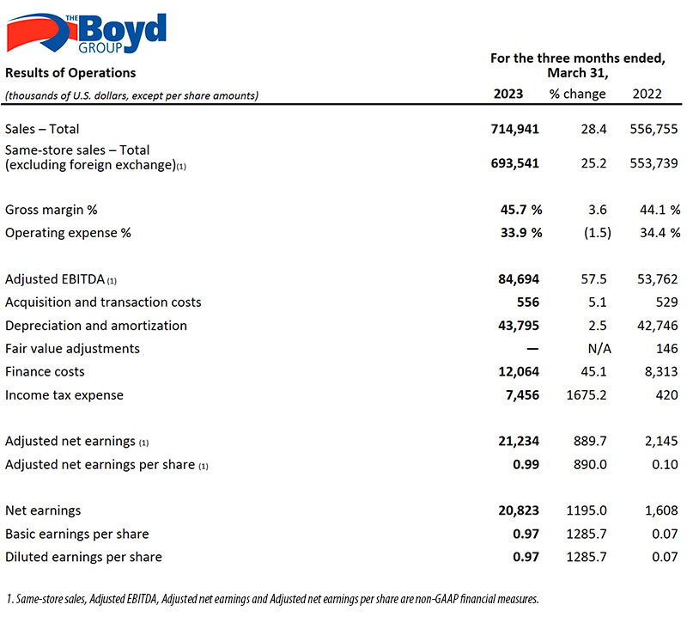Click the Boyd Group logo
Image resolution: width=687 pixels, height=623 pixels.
[87, 34]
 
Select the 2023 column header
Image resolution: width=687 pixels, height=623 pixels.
[508, 94]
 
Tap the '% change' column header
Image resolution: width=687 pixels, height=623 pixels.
[577, 94]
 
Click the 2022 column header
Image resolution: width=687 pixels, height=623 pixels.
[647, 94]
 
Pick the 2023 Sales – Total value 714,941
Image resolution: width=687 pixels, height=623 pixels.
[514, 129]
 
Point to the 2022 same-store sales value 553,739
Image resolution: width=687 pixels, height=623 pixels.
[654, 163]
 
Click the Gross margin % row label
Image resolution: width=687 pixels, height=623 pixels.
[52, 210]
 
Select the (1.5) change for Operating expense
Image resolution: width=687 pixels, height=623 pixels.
[597, 232]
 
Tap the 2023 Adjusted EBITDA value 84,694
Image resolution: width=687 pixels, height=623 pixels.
[519, 278]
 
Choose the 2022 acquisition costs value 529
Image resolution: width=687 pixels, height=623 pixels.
[667, 302]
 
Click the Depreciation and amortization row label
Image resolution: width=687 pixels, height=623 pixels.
[96, 326]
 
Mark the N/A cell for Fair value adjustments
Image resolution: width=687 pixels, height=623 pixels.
[599, 349]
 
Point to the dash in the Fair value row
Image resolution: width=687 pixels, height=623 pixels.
[532, 349]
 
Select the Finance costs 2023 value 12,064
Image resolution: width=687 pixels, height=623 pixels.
[519, 372]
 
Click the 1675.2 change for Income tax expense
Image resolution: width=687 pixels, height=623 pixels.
[587, 395]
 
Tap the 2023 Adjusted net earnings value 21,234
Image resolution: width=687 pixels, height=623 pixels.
[519, 441]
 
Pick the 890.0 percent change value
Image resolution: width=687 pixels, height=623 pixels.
[590, 464]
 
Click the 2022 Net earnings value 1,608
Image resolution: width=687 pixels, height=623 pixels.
[661, 510]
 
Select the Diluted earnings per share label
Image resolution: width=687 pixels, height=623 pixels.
[83, 557]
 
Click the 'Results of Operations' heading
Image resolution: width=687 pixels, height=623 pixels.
[70, 73]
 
